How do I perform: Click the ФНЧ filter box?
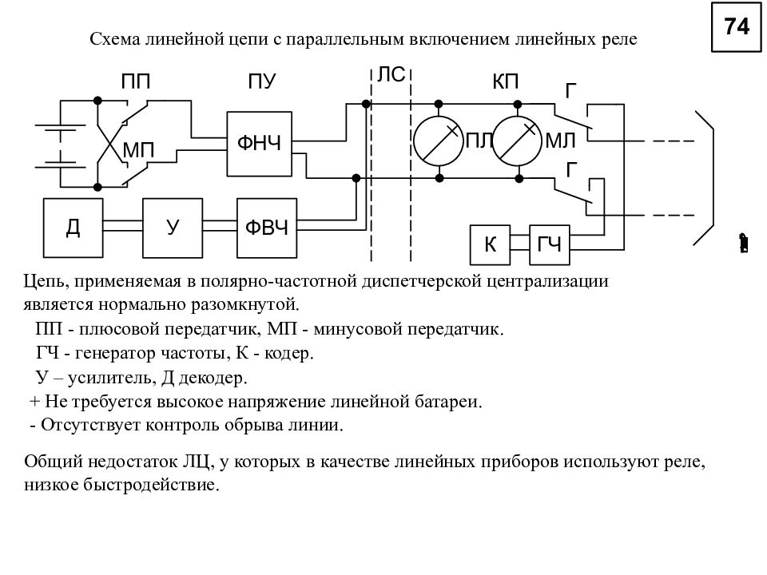tap(259, 144)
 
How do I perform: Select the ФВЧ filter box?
tap(267, 228)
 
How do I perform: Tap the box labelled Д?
tap(73, 228)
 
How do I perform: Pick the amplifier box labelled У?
tap(173, 228)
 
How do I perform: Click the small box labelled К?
tap(490, 244)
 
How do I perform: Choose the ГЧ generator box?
tap(550, 244)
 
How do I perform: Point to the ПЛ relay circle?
tap(439, 141)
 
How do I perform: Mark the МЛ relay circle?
tap(517, 141)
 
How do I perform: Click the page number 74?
tap(737, 26)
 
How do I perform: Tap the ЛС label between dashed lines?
tap(391, 75)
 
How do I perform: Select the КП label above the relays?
tap(505, 81)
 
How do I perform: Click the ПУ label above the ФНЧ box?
tap(262, 81)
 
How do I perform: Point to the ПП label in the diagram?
tap(136, 81)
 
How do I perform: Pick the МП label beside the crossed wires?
tap(138, 150)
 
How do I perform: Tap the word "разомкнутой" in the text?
tap(244, 305)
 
